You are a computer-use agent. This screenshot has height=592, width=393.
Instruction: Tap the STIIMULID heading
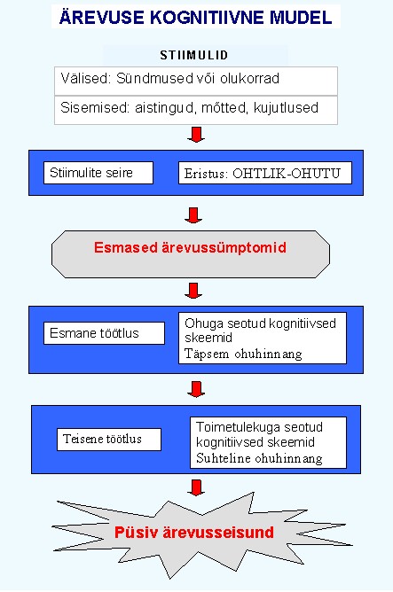pyautogui.click(x=194, y=56)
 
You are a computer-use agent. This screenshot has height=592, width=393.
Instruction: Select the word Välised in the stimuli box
pyautogui.click(x=85, y=79)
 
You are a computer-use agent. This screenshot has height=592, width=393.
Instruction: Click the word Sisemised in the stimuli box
pyautogui.click(x=95, y=107)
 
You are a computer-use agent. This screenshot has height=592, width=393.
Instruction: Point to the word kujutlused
pyautogui.click(x=286, y=108)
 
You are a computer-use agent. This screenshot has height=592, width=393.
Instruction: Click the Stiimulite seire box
pyautogui.click(x=98, y=173)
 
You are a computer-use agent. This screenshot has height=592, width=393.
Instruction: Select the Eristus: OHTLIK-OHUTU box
pyautogui.click(x=265, y=173)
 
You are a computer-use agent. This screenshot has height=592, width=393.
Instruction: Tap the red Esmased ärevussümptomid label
pyautogui.click(x=190, y=247)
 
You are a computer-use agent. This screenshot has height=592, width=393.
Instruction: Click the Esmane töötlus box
pyautogui.click(x=105, y=333)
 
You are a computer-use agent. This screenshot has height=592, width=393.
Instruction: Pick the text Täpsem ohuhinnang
pyautogui.click(x=243, y=354)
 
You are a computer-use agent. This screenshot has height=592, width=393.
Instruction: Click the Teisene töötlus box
pyautogui.click(x=109, y=439)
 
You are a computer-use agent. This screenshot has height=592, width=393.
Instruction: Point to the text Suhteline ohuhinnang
pyautogui.click(x=259, y=458)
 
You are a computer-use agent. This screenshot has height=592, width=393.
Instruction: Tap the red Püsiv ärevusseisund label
pyautogui.click(x=194, y=533)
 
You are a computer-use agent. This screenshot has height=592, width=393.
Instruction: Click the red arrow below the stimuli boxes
pyautogui.click(x=196, y=135)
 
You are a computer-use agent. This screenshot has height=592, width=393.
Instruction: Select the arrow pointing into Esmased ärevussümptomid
pyautogui.click(x=193, y=215)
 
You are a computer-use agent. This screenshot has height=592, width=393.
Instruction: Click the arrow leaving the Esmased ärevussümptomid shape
pyautogui.click(x=193, y=291)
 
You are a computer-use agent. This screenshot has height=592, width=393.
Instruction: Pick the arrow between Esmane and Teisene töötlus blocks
pyautogui.click(x=196, y=389)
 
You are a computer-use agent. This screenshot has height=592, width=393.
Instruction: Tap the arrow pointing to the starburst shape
pyautogui.click(x=196, y=487)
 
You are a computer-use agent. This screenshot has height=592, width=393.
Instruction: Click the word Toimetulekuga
pyautogui.click(x=238, y=427)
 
